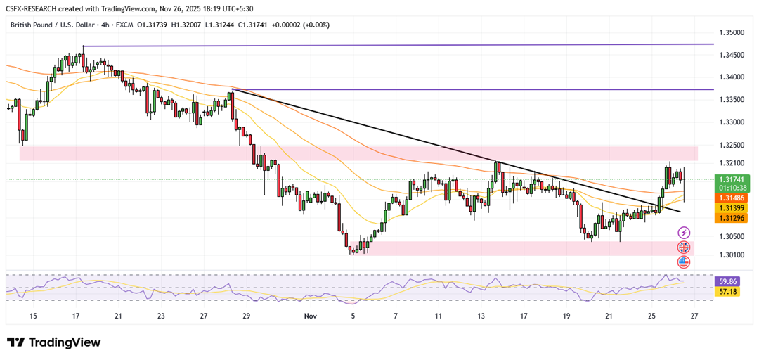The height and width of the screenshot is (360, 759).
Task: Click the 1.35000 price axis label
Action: coord(732,32)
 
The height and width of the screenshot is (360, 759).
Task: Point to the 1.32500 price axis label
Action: coord(732,145)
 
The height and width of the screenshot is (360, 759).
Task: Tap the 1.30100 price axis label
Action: coord(732,255)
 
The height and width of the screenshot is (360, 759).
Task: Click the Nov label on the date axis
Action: coord(309,316)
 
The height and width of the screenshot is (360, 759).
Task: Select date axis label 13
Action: coord(481,316)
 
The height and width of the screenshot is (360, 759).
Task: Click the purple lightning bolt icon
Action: coord(684,233)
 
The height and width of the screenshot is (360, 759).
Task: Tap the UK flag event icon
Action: coord(684,247)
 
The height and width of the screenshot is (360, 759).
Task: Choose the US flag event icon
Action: coord(684,262)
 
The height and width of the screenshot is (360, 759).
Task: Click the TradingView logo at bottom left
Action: coord(54,342)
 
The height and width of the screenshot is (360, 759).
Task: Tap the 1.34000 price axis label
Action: coord(732,77)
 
